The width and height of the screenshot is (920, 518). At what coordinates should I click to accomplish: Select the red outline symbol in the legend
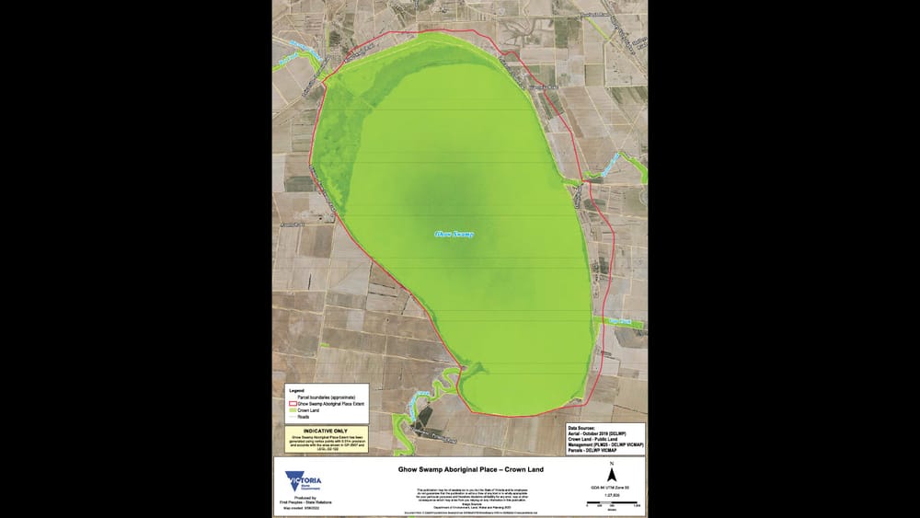(292, 404)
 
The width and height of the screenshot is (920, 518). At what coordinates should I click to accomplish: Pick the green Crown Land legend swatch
(292, 410)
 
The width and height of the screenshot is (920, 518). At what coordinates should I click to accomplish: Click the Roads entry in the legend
(303, 416)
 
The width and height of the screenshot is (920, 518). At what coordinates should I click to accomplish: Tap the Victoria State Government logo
(305, 482)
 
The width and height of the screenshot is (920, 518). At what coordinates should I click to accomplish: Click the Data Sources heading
(587, 429)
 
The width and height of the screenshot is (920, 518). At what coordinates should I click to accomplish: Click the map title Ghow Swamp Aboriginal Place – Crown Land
(457, 469)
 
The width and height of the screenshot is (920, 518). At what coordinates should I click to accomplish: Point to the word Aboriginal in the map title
(460, 469)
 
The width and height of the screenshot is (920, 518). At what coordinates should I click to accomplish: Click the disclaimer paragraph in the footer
(457, 493)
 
